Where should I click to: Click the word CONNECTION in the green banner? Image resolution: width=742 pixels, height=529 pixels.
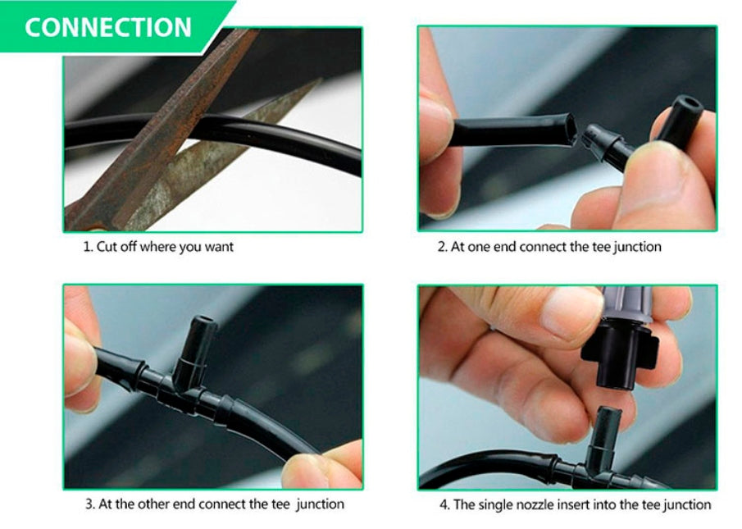[108, 27]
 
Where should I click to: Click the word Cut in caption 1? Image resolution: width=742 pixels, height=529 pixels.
[107, 247]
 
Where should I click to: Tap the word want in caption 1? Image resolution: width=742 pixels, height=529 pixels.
[219, 247]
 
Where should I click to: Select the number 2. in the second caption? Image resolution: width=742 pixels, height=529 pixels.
[443, 247]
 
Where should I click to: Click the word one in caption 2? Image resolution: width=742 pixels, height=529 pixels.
[479, 247]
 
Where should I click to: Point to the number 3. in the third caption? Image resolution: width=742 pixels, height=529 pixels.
[90, 504]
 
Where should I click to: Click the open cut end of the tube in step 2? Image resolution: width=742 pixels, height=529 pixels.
[570, 129]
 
